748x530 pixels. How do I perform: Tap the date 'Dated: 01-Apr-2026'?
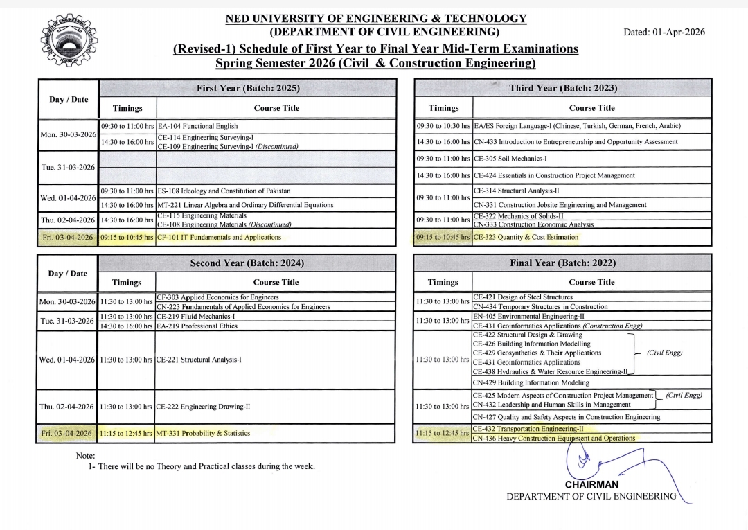pos(664,33)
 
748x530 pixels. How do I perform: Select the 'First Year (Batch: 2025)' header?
pos(248,88)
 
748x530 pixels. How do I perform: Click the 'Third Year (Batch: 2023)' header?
pos(562,88)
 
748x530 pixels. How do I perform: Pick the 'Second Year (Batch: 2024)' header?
pos(247,263)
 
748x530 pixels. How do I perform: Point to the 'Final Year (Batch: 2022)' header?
pos(562,263)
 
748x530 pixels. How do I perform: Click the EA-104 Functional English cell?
pos(198,126)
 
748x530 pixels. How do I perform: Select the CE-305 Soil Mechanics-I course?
pos(510,159)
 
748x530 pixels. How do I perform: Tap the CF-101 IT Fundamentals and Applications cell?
pos(220,237)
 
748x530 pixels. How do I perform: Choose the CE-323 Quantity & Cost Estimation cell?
pos(526,237)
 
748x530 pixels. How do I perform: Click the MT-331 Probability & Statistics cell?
pos(204,433)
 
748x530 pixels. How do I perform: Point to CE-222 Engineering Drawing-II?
pos(203,407)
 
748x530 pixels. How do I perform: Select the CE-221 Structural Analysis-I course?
pos(199,360)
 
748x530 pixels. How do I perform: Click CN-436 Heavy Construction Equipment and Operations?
pos(553,439)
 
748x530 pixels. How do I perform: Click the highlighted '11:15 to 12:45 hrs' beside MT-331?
pos(125,433)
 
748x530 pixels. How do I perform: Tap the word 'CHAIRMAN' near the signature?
pos(591,485)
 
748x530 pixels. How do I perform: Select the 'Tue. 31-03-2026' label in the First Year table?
pos(68,167)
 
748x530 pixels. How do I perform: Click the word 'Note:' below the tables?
pos(86,455)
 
